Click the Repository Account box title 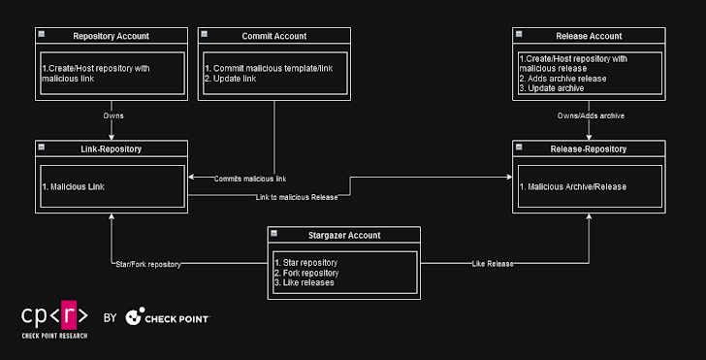pyautogui.click(x=112, y=36)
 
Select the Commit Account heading pyautogui.click(x=273, y=36)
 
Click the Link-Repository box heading pyautogui.click(x=112, y=148)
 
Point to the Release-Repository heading pyautogui.click(x=590, y=148)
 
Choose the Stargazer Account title pyautogui.click(x=343, y=234)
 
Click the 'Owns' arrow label pyautogui.click(x=113, y=115)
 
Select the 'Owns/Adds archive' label pyautogui.click(x=590, y=115)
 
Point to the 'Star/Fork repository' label pyautogui.click(x=146, y=264)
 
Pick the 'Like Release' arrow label pyautogui.click(x=493, y=263)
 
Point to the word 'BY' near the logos pyautogui.click(x=110, y=317)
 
